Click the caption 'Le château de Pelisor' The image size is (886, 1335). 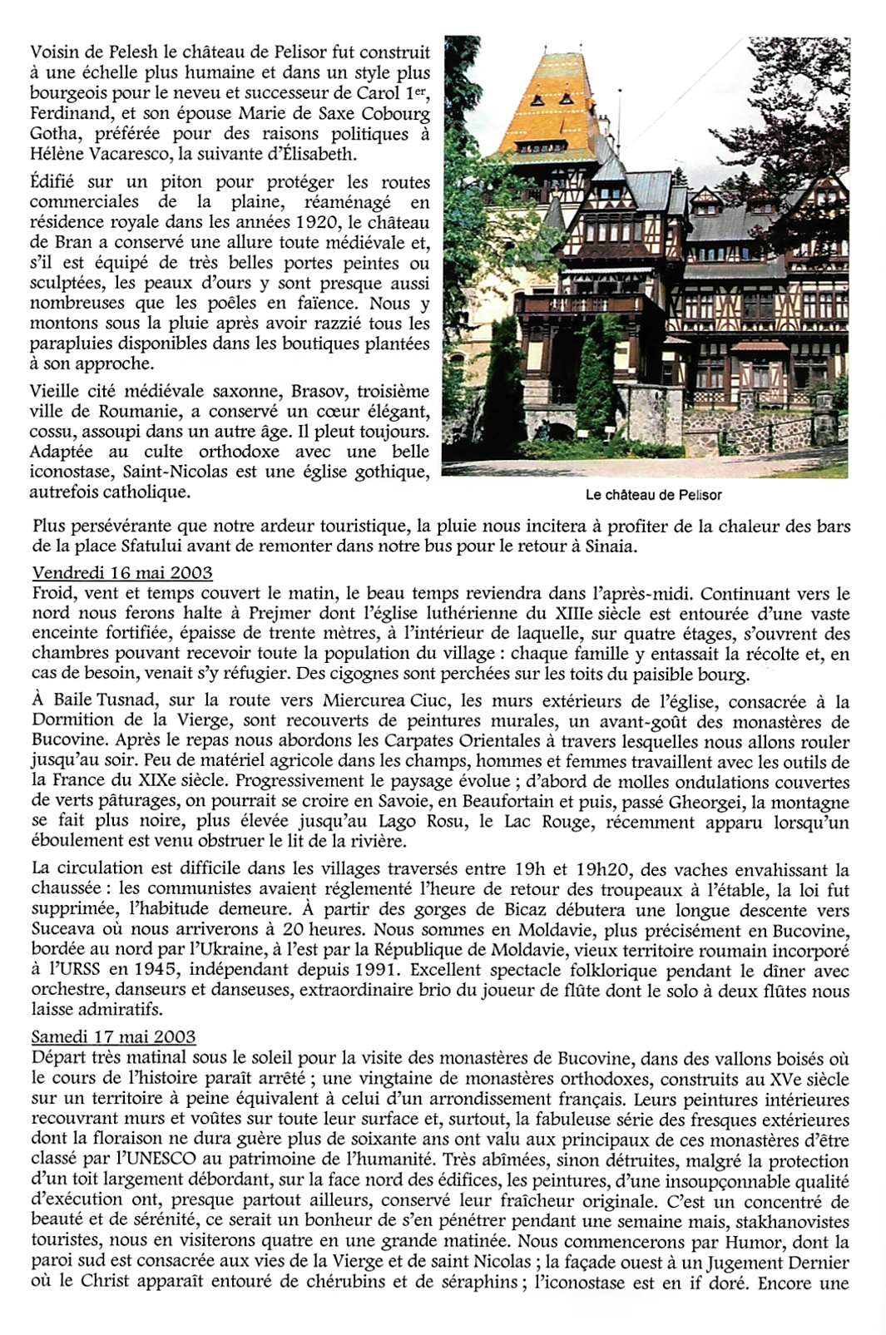click(653, 495)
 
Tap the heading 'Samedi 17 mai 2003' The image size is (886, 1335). click(114, 1036)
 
